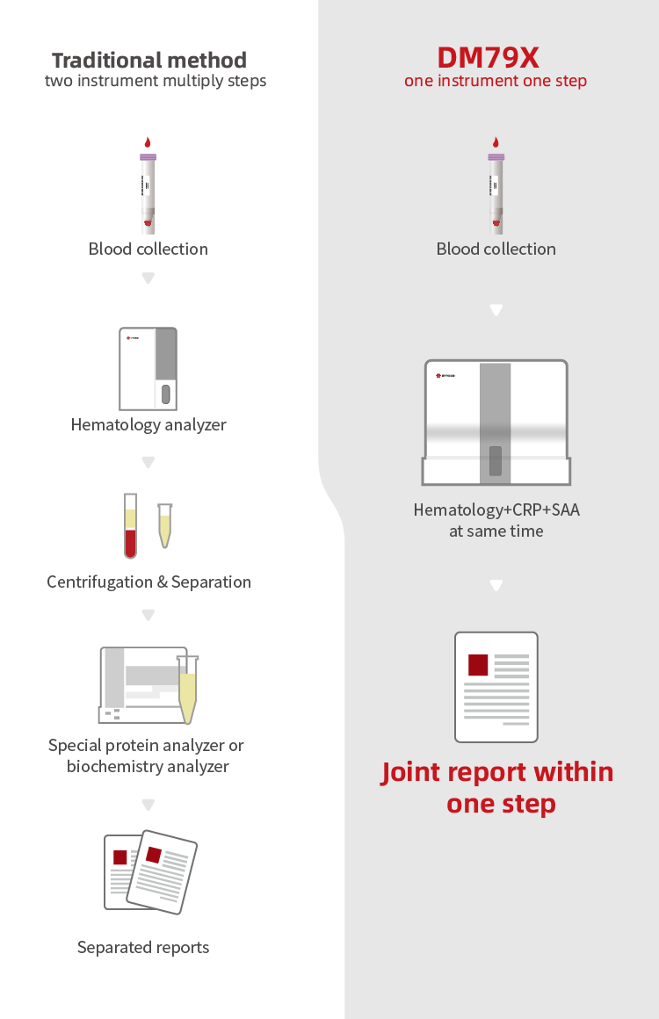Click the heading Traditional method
point(148,61)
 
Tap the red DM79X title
point(488,58)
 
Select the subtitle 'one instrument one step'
point(496,81)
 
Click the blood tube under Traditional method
point(148,189)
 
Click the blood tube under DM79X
point(496,189)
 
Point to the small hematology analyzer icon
point(148,369)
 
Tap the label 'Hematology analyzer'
point(148,425)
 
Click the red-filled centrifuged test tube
point(130,526)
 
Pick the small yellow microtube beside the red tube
point(164,526)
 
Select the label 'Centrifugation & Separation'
point(148,582)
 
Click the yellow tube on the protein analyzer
point(186,690)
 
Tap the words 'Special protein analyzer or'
point(146,746)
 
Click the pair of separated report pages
point(150,872)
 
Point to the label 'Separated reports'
point(143,948)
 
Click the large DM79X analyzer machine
point(496,422)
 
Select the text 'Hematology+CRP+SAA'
point(496,510)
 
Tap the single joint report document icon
point(496,687)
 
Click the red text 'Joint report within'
point(496,772)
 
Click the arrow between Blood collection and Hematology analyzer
point(148,278)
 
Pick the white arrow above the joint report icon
point(496,585)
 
